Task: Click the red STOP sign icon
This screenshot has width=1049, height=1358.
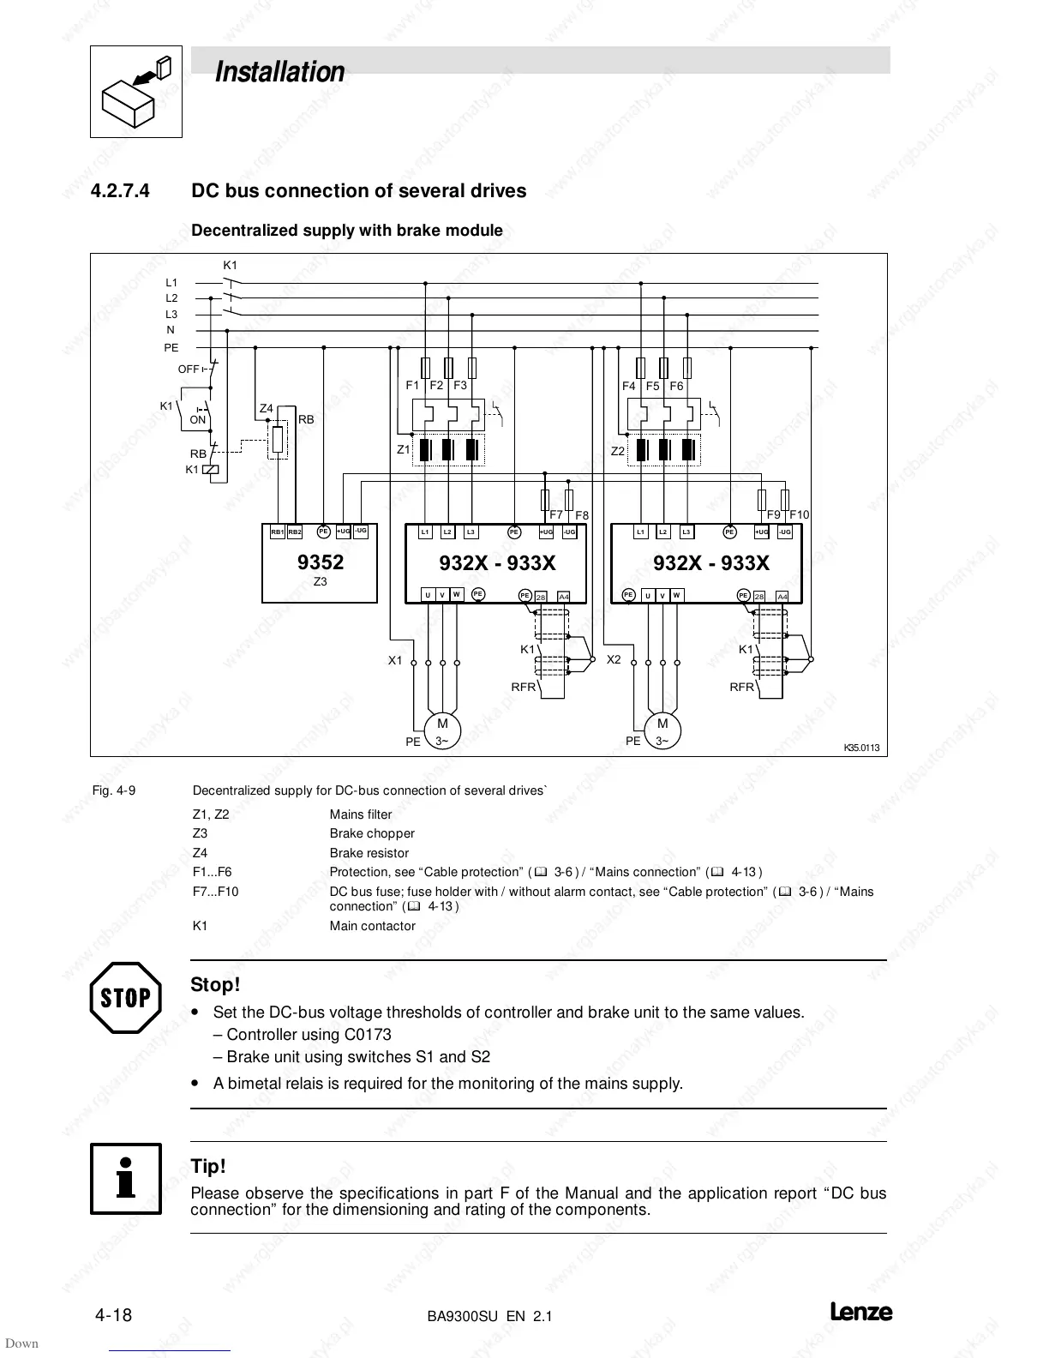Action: (125, 997)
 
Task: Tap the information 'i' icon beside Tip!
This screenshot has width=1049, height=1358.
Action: (126, 1178)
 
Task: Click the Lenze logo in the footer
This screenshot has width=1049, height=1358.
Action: (860, 1313)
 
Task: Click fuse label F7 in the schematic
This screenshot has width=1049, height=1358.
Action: (556, 514)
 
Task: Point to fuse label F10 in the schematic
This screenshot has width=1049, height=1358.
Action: (799, 514)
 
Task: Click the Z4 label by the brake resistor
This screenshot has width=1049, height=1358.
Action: (267, 409)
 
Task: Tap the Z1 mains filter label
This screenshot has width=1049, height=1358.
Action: (403, 449)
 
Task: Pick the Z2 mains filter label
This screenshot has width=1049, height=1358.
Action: (618, 450)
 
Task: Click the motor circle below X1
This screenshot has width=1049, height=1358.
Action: (442, 731)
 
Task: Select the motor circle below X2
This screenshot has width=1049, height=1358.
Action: (662, 731)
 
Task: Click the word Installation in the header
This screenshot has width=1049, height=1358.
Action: (279, 72)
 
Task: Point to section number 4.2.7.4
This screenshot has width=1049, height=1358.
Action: (120, 190)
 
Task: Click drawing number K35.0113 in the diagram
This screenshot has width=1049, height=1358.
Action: (861, 748)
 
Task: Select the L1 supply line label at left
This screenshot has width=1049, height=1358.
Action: (171, 282)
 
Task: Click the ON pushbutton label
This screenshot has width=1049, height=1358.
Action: (198, 420)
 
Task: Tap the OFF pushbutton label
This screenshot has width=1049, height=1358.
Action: (189, 370)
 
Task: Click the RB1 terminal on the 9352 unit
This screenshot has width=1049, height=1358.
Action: (277, 532)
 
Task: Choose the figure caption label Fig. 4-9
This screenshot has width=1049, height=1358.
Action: (113, 790)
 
